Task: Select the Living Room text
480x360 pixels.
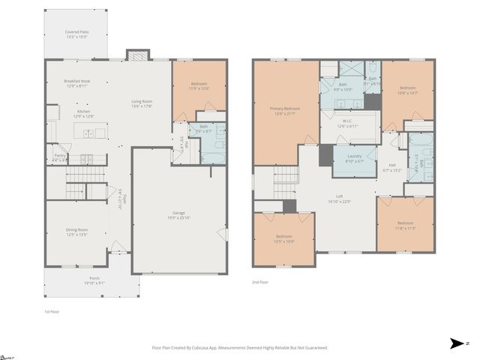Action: point(142,103)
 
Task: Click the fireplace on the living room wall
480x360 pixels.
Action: point(136,55)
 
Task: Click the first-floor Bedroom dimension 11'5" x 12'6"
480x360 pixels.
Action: point(199,89)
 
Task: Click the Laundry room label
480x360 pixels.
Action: point(355,159)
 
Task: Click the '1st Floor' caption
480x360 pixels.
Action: point(52,310)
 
